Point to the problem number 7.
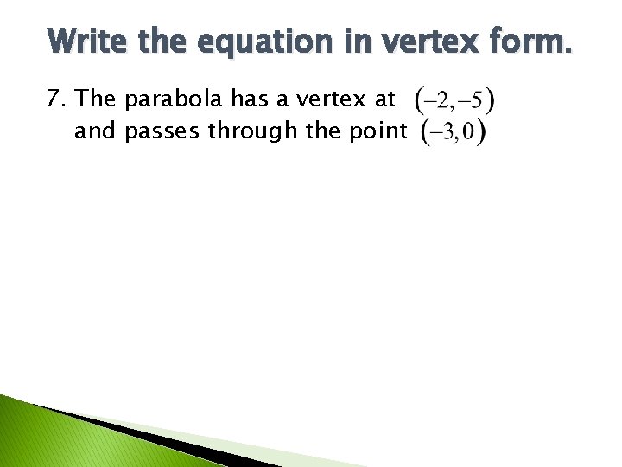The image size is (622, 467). (x=56, y=99)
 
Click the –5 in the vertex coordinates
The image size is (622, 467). (x=471, y=100)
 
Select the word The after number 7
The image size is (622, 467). (x=96, y=99)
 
